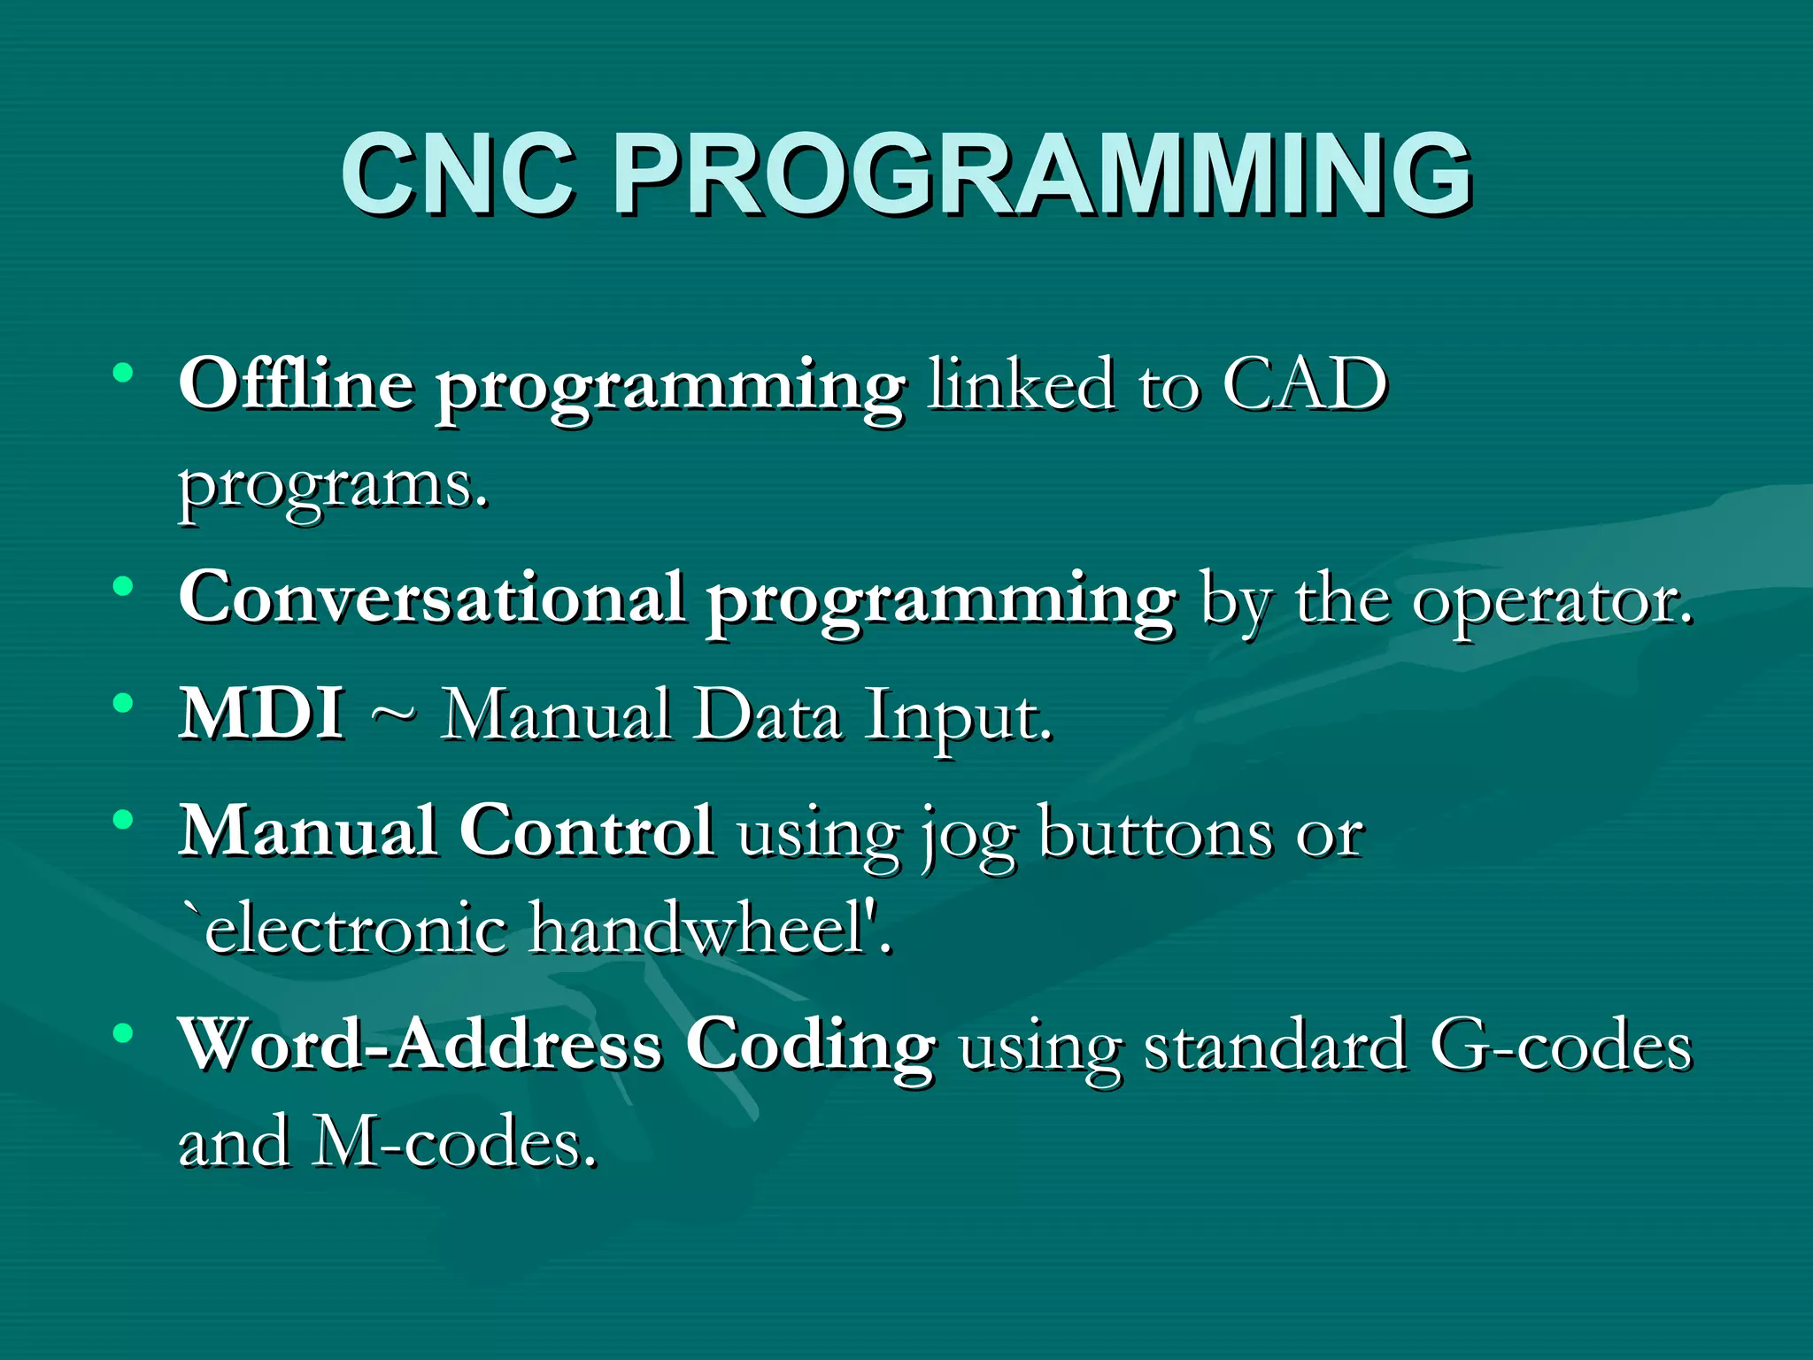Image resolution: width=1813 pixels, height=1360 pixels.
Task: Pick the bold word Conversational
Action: (431, 597)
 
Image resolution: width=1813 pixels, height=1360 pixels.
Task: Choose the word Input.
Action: (959, 717)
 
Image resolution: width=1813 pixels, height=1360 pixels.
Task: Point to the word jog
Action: (968, 837)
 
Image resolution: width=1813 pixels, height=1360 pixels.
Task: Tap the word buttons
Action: (1155, 832)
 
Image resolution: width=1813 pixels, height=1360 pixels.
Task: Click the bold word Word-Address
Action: (420, 1045)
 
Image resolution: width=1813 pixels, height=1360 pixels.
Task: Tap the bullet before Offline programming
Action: (123, 373)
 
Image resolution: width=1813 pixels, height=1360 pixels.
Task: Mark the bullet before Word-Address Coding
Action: (123, 1032)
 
